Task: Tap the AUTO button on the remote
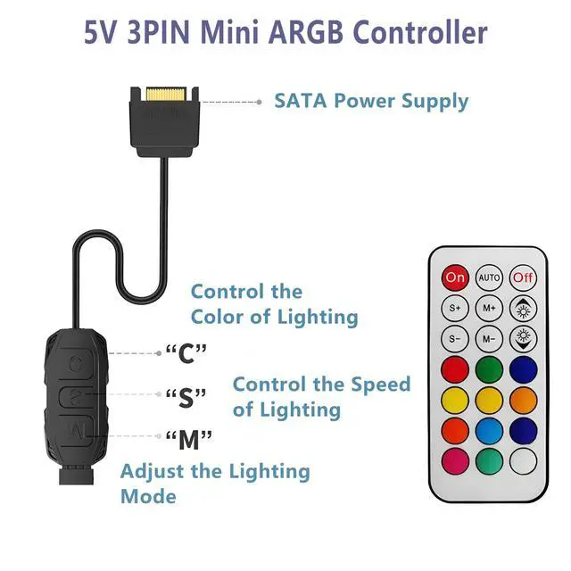(489, 277)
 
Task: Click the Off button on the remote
(523, 277)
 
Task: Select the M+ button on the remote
(489, 309)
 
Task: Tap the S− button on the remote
(455, 339)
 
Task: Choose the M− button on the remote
(489, 339)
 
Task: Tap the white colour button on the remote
(523, 461)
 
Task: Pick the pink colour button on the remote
(455, 461)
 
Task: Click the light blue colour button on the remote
(489, 430)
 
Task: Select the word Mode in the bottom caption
(148, 495)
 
